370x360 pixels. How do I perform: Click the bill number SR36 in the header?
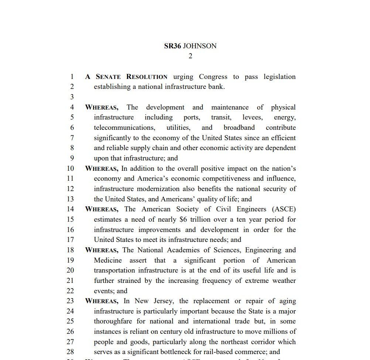172,46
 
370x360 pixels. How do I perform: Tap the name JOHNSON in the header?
200,46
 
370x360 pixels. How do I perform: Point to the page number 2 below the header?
191,56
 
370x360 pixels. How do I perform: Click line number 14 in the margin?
70,209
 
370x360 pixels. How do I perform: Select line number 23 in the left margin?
70,301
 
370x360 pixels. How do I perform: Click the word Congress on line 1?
213,77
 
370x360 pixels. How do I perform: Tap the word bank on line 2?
216,87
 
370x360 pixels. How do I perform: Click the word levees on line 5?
252,117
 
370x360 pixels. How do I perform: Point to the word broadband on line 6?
239,128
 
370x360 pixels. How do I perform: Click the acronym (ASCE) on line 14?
284,209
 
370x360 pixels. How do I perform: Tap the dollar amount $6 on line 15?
183,219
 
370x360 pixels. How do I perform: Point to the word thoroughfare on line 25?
113,321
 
